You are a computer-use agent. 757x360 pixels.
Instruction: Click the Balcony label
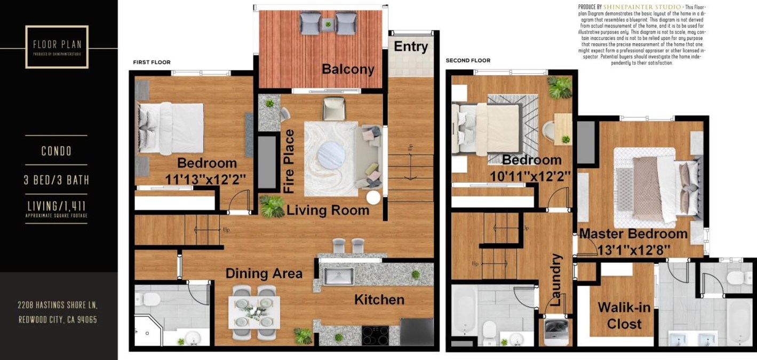[348, 69]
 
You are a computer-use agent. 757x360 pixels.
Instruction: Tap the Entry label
[410, 46]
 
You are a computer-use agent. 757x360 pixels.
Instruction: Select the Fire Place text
[289, 161]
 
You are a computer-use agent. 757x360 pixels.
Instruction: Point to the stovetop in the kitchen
[376, 335]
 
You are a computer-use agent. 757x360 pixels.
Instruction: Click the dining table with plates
[254, 313]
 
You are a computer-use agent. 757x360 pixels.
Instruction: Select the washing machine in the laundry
[556, 332]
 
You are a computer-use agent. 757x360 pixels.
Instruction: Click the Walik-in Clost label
[619, 315]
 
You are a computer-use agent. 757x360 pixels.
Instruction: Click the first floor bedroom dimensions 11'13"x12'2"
[206, 180]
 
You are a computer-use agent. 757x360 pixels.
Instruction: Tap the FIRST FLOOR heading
[152, 62]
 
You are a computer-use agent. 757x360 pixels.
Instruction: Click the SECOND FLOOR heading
[468, 60]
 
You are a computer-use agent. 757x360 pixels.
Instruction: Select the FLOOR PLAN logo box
[57, 46]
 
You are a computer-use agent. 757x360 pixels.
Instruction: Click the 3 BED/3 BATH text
[56, 180]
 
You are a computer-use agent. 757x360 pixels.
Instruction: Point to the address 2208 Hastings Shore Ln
[57, 305]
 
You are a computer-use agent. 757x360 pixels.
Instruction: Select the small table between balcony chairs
[328, 24]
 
